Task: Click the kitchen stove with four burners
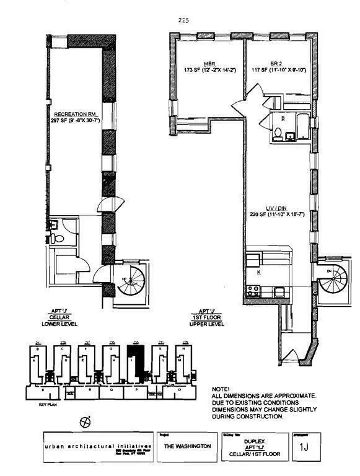pos(253,289)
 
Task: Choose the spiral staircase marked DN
pos(334,280)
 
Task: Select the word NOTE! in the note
pos(222,389)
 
